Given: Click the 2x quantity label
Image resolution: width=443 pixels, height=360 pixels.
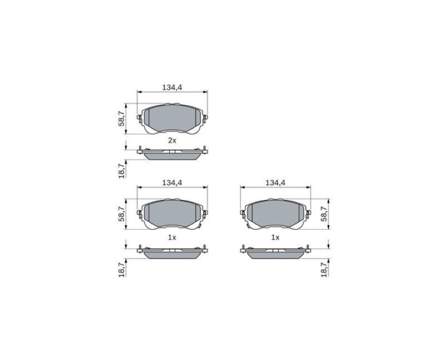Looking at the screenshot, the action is (x=172, y=140).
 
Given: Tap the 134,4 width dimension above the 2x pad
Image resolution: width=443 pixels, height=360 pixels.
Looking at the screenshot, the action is (x=172, y=88).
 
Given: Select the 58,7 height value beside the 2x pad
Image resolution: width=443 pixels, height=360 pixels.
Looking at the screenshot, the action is (x=122, y=118).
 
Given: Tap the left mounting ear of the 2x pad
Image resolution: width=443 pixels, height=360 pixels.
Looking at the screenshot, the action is (x=139, y=118).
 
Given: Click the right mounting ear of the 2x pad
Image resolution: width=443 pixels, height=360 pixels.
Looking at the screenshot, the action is (x=206, y=118).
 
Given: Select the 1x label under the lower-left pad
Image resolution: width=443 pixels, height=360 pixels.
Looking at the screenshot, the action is (x=172, y=237).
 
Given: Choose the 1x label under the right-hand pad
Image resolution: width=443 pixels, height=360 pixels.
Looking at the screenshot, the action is (x=275, y=237).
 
